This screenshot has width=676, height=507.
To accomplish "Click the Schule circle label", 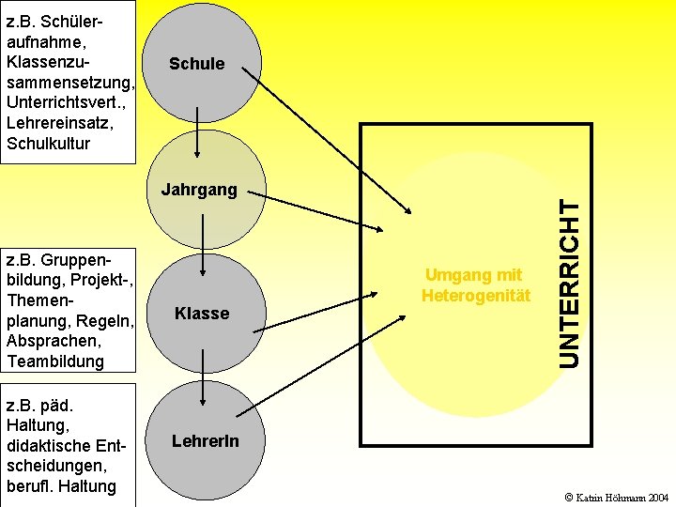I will [196, 64].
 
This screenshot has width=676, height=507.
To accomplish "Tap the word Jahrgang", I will [199, 190].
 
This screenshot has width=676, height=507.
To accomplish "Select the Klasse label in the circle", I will [202, 314].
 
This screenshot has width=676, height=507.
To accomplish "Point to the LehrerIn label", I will [205, 440].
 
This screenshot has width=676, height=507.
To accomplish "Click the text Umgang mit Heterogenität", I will [475, 285].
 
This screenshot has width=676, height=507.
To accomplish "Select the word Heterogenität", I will [475, 296].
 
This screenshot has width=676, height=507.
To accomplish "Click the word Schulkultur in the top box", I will [48, 144].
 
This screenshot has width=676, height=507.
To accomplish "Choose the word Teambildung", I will [54, 361].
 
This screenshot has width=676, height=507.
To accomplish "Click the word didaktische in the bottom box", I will [49, 446].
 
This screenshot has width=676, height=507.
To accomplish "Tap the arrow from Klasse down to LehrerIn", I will [203, 371].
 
